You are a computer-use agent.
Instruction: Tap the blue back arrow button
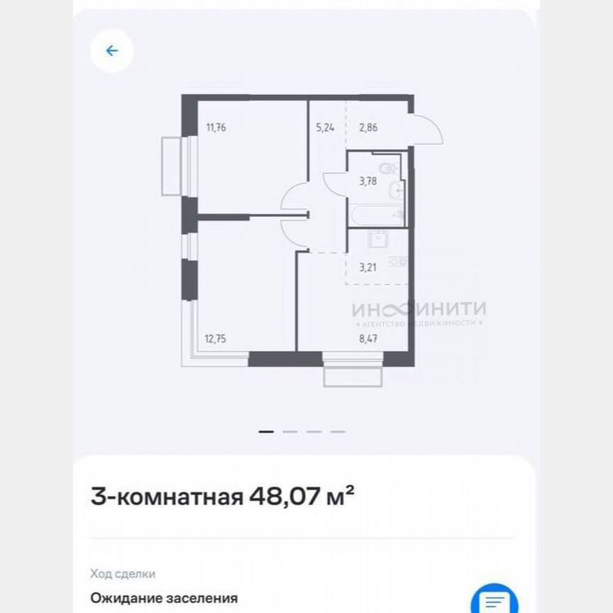[x=111, y=51]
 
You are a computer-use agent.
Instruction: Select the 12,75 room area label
[x=215, y=338]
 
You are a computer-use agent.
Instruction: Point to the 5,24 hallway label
[x=325, y=128]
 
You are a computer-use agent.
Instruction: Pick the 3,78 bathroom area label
[x=368, y=180]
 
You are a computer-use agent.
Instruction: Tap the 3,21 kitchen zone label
[x=368, y=267]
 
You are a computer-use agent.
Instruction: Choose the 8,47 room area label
[x=368, y=338]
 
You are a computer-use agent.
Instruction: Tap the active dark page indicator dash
[x=266, y=431]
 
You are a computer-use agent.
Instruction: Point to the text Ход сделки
[x=123, y=574]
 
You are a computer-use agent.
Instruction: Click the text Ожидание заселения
[x=164, y=598]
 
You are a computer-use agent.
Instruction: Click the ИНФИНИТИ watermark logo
[x=419, y=310]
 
